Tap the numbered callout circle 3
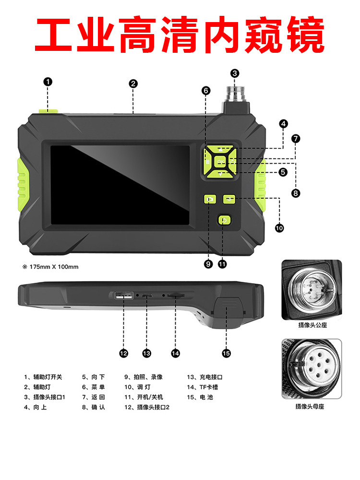coord(235,73)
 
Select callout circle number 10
coord(279,228)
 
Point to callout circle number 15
coord(227,353)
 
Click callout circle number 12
coord(124,353)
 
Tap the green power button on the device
coord(224,220)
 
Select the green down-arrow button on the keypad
coord(220,175)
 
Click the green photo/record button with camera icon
coord(210,198)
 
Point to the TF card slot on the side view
coord(176,297)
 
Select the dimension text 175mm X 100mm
coord(50,267)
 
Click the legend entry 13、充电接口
coord(205,377)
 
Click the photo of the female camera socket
coord(312,369)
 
